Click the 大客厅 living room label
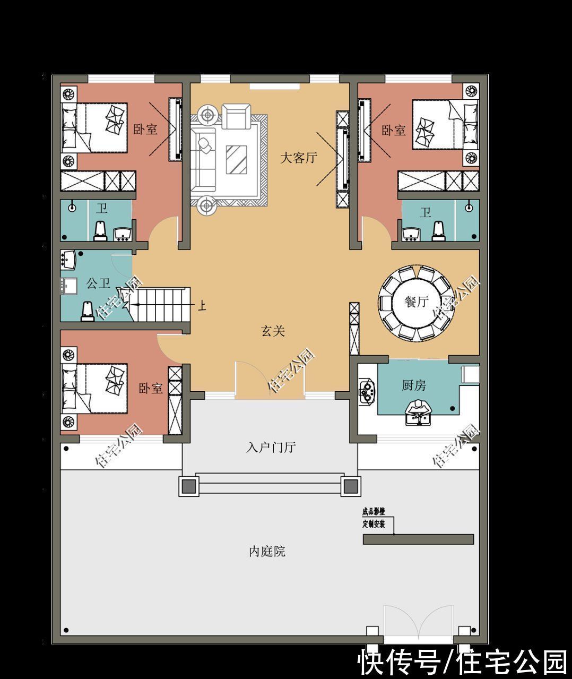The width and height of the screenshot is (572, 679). click(298, 158)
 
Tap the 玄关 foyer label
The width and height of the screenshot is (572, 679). click(273, 331)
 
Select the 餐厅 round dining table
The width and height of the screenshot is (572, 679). click(417, 303)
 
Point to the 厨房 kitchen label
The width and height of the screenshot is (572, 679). click(413, 385)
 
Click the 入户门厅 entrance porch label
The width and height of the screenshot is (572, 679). click(270, 447)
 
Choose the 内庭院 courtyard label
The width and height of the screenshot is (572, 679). click(267, 552)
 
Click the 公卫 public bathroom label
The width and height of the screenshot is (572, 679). click(98, 283)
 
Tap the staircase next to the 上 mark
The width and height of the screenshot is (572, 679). click(160, 305)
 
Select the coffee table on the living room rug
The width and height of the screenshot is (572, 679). click(236, 159)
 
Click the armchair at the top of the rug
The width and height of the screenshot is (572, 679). click(235, 116)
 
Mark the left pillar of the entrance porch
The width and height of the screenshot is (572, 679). click(188, 486)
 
